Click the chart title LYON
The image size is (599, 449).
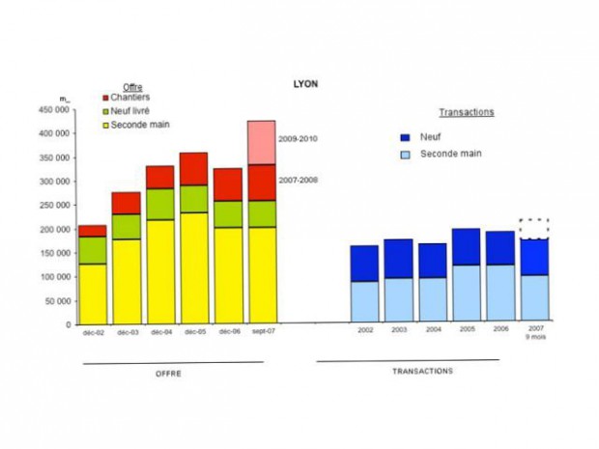305,84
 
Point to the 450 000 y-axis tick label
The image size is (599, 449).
55,110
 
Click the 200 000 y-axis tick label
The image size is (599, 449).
55,230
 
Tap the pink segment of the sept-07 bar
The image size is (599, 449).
262,142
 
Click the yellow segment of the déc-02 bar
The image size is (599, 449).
93,293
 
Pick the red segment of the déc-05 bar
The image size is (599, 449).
193,168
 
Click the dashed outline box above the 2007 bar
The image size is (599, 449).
533,229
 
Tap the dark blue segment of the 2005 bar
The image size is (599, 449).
466,246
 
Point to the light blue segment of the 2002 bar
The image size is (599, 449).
364,300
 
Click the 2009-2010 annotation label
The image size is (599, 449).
298,139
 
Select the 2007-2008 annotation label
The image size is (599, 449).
298,181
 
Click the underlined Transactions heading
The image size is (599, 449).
467,112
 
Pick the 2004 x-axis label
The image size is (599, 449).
432,330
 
